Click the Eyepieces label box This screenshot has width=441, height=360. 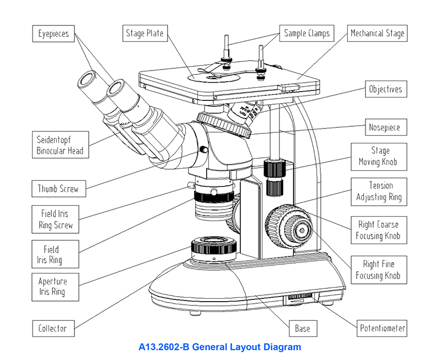pyautogui.click(x=53, y=34)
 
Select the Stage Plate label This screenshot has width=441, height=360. pyautogui.click(x=144, y=34)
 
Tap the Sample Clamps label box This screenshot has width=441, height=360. pyautogui.click(x=306, y=33)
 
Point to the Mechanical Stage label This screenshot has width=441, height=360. pyautogui.click(x=378, y=33)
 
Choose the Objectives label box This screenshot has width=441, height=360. pyautogui.click(x=385, y=89)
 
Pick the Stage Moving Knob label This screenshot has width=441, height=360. pyautogui.click(x=378, y=157)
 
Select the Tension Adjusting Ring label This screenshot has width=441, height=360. pyautogui.click(x=379, y=191)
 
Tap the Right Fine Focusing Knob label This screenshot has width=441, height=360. pyautogui.click(x=378, y=270)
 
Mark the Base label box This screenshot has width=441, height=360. pyautogui.click(x=302, y=329)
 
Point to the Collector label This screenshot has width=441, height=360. pyautogui.click(x=52, y=329)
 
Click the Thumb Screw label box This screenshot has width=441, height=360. pyautogui.click(x=58, y=189)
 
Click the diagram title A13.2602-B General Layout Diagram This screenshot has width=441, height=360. pyautogui.click(x=220, y=347)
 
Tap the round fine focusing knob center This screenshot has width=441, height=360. pyautogui.click(x=302, y=229)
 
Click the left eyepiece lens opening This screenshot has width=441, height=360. pyautogui.click(x=87, y=80)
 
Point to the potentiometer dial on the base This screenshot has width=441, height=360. pyautogui.click(x=300, y=298)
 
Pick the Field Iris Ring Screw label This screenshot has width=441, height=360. pyautogui.click(x=56, y=219)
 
